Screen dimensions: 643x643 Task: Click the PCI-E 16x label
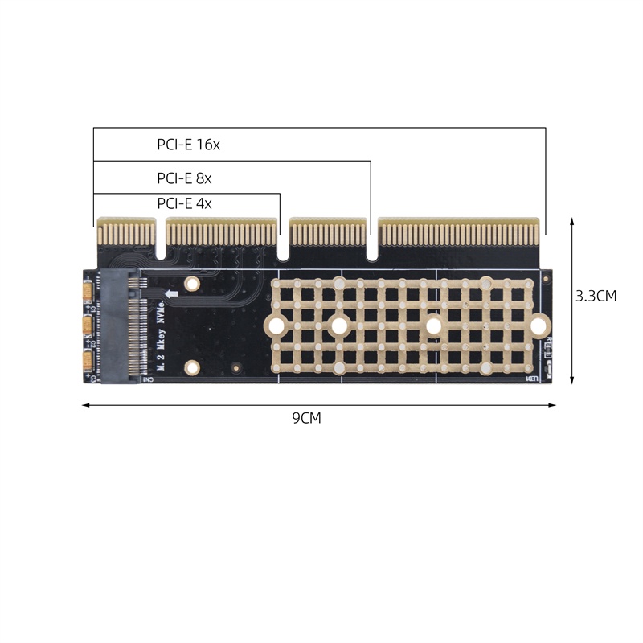coord(188,145)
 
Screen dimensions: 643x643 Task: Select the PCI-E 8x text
coord(184,178)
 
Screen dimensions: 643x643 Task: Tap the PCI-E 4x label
coord(184,203)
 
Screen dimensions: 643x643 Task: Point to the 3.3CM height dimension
coord(596,296)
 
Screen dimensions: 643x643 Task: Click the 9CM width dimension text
coord(307,418)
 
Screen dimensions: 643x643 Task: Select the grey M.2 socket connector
coord(118,327)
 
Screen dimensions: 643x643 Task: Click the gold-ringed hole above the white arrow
coord(192,284)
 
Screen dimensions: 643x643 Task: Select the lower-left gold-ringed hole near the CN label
coord(192,368)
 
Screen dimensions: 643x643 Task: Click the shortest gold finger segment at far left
coord(125,232)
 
